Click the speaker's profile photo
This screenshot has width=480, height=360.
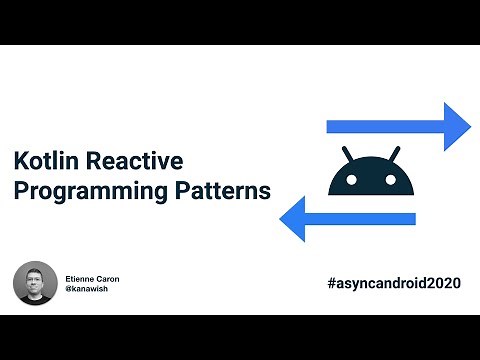pyautogui.click(x=35, y=283)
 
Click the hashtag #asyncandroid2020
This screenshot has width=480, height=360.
pyautogui.click(x=393, y=283)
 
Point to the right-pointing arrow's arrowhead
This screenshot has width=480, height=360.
pyautogui.click(x=458, y=126)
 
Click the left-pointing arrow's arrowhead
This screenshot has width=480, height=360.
pyautogui.click(x=291, y=217)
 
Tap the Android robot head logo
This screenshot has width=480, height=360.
pyautogui.click(x=372, y=174)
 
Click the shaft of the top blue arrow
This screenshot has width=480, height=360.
pyautogui.click(x=385, y=126)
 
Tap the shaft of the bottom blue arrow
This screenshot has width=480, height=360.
pyautogui.click(x=360, y=217)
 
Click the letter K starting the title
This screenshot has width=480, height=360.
pyautogui.click(x=20, y=161)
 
